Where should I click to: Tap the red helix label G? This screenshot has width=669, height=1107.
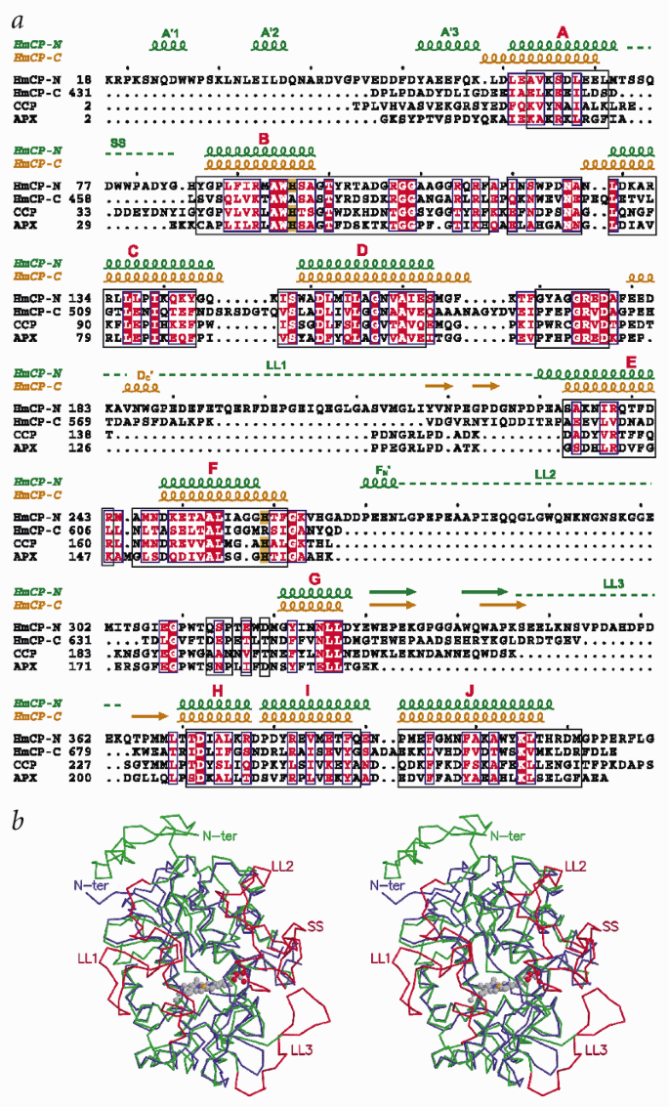(x=314, y=579)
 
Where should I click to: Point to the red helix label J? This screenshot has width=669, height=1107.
(x=471, y=691)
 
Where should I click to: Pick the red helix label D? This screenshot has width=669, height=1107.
(x=362, y=250)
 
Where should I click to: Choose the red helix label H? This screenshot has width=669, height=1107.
(x=218, y=690)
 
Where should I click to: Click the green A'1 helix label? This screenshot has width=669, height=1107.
(x=170, y=33)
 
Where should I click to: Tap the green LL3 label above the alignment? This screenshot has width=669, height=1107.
(x=614, y=583)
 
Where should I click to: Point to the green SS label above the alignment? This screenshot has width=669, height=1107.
(x=119, y=143)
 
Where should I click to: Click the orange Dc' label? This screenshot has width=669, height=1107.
(x=146, y=373)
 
